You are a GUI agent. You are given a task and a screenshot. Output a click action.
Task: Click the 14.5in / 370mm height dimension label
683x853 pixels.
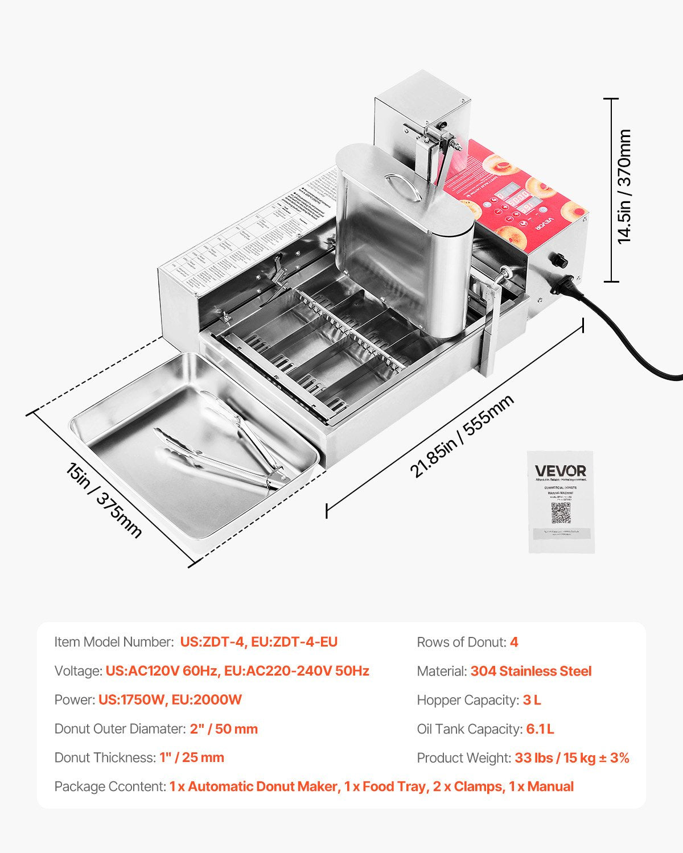[x=624, y=186]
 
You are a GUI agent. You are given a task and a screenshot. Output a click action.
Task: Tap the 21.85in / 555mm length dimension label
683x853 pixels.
[x=462, y=436]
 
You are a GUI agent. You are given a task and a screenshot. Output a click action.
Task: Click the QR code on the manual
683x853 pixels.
[x=561, y=513]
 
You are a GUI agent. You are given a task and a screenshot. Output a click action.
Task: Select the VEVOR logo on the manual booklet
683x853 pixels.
[x=560, y=471]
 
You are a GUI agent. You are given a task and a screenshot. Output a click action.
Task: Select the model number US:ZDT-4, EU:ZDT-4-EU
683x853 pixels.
[x=259, y=642]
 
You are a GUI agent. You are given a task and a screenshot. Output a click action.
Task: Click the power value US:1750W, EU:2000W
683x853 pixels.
[x=170, y=699]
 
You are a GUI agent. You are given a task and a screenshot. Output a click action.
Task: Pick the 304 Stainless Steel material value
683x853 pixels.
[x=530, y=671]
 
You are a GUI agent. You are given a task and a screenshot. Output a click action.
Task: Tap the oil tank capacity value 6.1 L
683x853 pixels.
[x=540, y=729]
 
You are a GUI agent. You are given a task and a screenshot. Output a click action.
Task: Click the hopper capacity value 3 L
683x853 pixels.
[x=532, y=700]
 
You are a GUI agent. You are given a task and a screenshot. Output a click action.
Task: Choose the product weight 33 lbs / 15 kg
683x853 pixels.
[x=571, y=758]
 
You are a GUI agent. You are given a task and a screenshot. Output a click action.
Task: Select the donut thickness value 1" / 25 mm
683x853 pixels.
[x=192, y=757]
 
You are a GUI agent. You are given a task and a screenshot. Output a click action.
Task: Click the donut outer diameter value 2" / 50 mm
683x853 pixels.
[x=224, y=729]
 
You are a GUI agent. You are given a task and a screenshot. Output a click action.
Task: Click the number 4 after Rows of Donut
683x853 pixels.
[x=514, y=642]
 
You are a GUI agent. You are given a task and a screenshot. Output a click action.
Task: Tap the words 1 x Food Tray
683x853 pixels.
[x=385, y=786]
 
